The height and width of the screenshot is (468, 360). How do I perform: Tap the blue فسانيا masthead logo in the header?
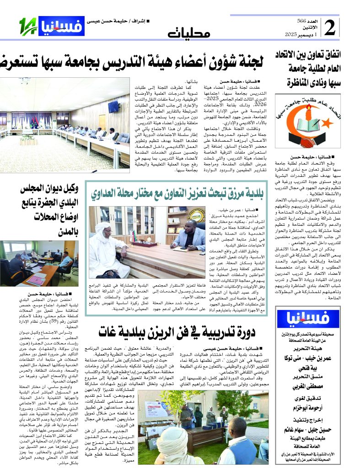click(61, 26)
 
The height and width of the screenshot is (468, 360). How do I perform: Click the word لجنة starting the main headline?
click(252, 61)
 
